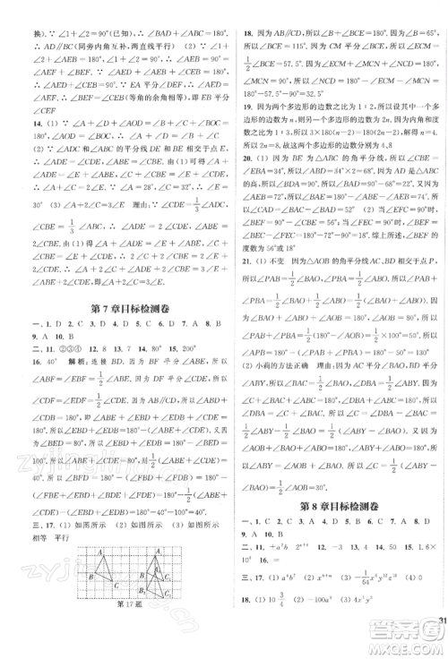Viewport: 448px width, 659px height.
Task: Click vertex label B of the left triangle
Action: click(91, 576)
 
